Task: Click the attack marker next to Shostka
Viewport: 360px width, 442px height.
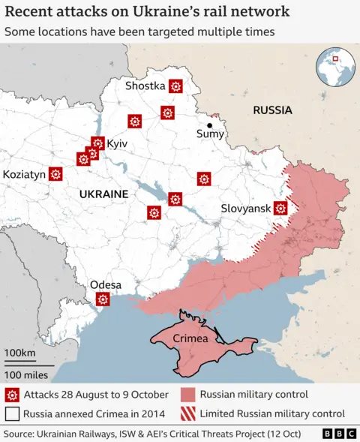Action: [175, 86]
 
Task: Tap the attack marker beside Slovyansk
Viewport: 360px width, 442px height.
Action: [281, 209]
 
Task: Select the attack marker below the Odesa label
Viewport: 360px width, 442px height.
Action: [103, 299]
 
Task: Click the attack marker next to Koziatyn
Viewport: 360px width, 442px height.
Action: [55, 174]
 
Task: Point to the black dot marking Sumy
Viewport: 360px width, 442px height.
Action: [210, 125]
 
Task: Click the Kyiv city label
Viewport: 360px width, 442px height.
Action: [118, 143]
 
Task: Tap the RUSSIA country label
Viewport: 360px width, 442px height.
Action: [272, 110]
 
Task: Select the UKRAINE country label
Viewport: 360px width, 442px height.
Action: [103, 194]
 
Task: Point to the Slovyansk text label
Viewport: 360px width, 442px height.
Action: [246, 209]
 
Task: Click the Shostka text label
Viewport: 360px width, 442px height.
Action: [145, 86]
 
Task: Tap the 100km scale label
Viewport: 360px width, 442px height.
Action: [19, 353]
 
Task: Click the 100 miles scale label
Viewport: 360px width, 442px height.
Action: [26, 374]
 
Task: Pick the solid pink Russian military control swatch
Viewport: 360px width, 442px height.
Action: [189, 395]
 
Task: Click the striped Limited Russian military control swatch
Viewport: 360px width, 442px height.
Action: [189, 413]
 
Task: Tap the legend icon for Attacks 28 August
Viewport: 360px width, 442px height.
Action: [12, 395]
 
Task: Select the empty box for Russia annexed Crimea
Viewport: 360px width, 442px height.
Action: [12, 413]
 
